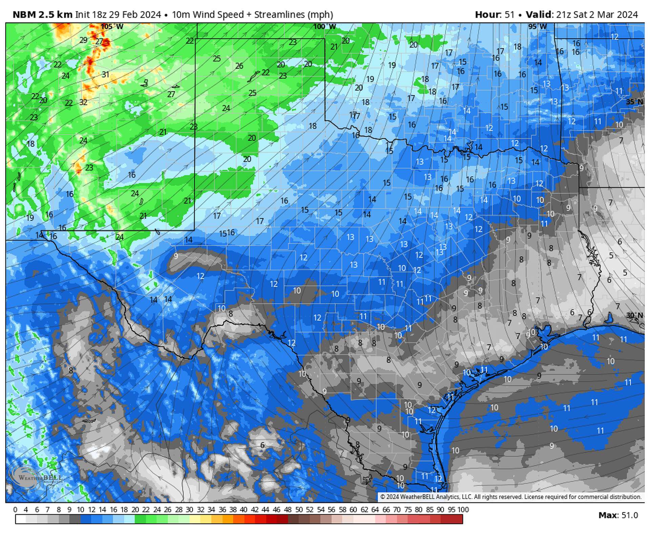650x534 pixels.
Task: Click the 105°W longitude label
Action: point(112,26)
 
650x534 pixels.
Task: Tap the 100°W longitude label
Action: point(325,26)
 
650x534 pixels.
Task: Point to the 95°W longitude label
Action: point(537,26)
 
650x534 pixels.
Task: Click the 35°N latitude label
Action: point(634,102)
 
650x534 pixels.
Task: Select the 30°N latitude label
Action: point(634,315)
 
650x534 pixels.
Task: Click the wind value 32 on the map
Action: point(83,102)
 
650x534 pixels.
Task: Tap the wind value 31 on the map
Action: point(106,74)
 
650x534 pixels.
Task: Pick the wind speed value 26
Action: point(239,66)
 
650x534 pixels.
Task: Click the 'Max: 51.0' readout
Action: point(618,515)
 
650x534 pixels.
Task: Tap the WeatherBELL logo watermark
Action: point(36,477)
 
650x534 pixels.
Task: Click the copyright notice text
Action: point(511,497)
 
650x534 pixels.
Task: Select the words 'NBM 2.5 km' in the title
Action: point(42,15)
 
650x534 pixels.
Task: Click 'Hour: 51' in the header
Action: point(495,15)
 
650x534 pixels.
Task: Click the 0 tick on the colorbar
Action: point(15,509)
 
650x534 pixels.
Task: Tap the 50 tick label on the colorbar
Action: point(299,509)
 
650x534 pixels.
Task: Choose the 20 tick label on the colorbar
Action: point(135,509)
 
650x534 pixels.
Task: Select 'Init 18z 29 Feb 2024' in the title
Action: point(118,15)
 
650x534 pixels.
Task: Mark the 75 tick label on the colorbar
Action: point(408,509)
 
